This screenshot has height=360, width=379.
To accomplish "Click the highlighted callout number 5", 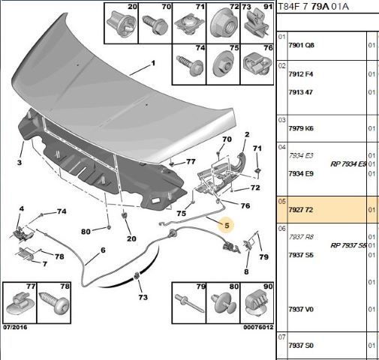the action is pyautogui.click(x=227, y=226).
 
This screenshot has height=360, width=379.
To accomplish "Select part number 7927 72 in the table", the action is pyautogui.click(x=301, y=210).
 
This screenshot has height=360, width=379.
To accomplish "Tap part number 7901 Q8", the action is pyautogui.click(x=301, y=45).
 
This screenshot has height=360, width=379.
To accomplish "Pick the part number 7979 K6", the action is pyautogui.click(x=301, y=128).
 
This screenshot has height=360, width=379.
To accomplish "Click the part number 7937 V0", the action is pyautogui.click(x=301, y=309).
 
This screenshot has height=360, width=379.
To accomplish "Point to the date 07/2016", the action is pyautogui.click(x=15, y=327).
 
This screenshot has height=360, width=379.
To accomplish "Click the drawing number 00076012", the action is pyautogui.click(x=258, y=327).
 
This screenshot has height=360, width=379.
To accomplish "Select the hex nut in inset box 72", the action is pyautogui.click(x=223, y=25).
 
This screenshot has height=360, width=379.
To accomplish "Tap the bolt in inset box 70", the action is pyautogui.click(x=155, y=25).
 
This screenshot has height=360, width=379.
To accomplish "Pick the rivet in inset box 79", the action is pyautogui.click(x=189, y=303).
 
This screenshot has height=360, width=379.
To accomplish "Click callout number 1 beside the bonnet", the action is pyautogui.click(x=153, y=63).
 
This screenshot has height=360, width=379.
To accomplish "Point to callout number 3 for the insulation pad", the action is pyautogui.click(x=20, y=163).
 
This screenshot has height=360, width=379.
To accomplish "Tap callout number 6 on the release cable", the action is pyautogui.click(x=103, y=250).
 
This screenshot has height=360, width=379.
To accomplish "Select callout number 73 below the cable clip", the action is pyautogui.click(x=143, y=297).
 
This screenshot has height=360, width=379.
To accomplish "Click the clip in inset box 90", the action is pyautogui.click(x=257, y=302).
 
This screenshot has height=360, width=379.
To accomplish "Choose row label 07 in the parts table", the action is pyautogui.click(x=282, y=337).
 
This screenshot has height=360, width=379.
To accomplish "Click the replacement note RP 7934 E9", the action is pyautogui.click(x=348, y=164).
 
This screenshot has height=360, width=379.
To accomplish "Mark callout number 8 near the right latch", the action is pyautogui.click(x=246, y=271).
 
